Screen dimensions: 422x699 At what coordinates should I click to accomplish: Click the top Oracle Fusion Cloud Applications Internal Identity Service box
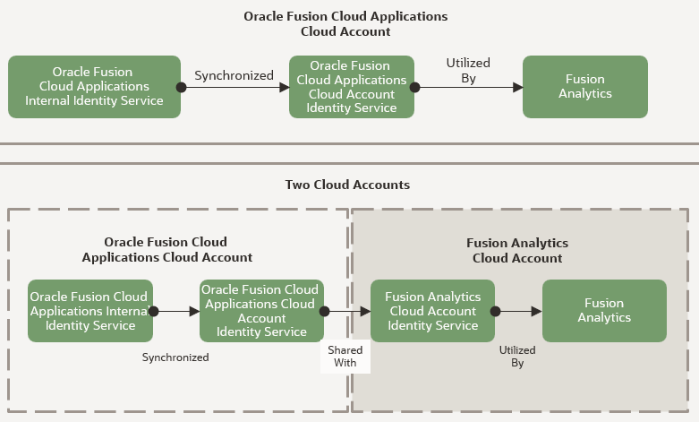click(x=95, y=87)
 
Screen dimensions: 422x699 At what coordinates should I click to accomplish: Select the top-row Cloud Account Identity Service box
click(x=352, y=87)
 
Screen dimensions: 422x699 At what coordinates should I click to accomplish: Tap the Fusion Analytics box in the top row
click(x=584, y=87)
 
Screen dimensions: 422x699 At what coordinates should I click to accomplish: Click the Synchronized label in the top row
click(x=234, y=75)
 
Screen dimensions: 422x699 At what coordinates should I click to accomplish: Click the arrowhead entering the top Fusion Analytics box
click(x=517, y=88)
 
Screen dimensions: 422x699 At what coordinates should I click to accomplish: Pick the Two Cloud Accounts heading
click(x=347, y=185)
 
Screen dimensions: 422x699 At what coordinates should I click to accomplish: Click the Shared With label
click(x=345, y=357)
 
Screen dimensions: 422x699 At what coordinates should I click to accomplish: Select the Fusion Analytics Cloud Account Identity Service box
click(x=432, y=311)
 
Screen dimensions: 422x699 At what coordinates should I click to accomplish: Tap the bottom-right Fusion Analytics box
click(x=604, y=311)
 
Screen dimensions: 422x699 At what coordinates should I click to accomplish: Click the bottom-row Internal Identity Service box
click(x=90, y=311)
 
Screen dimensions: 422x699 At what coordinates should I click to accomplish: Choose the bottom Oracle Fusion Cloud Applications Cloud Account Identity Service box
click(x=261, y=311)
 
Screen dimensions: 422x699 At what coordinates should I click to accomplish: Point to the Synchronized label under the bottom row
click(x=175, y=357)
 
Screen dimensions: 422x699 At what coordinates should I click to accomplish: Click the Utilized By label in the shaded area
click(x=517, y=357)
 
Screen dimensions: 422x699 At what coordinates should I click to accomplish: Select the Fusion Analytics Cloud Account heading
click(x=517, y=251)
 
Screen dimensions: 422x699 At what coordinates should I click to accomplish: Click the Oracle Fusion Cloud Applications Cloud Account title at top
click(x=345, y=23)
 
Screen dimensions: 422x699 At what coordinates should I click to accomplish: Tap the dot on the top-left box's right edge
click(x=181, y=88)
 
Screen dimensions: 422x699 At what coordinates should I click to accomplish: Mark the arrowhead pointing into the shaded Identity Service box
click(x=365, y=312)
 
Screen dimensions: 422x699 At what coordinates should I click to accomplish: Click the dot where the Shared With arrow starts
click(x=324, y=312)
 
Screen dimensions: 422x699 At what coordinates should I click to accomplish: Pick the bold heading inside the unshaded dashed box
click(x=166, y=250)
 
